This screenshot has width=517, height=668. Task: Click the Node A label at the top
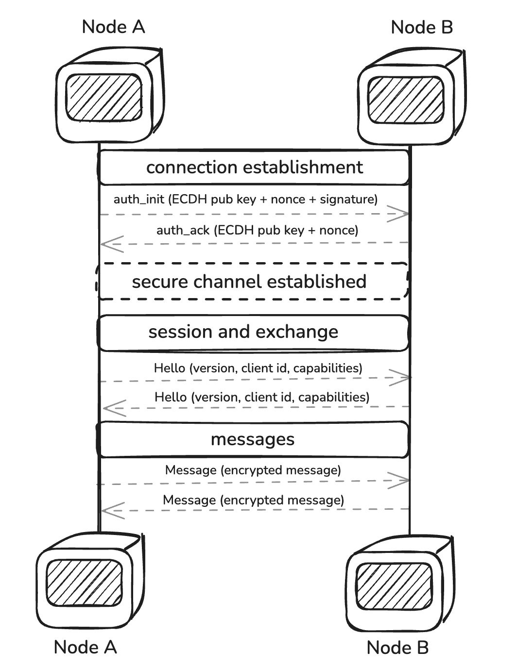(113, 27)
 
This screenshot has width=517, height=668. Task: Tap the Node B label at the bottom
(397, 647)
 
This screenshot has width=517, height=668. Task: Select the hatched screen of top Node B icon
(406, 100)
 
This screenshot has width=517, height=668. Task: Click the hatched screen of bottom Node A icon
(84, 582)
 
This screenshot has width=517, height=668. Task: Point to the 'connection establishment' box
(254, 167)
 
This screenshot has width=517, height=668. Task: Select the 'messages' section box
(253, 439)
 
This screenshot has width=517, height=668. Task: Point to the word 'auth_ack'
(183, 230)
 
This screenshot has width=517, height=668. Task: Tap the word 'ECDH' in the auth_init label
(188, 200)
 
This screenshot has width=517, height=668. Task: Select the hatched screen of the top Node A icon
(104, 97)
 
